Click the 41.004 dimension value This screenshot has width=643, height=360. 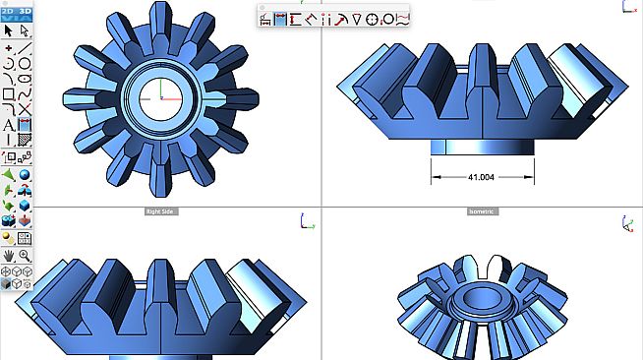click(x=482, y=177)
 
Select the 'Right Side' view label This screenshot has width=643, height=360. click(x=160, y=210)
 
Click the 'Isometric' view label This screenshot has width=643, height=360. click(x=482, y=210)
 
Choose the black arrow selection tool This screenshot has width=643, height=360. click(x=9, y=30)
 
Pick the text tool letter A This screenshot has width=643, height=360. click(x=9, y=125)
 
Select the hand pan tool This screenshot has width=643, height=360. click(x=9, y=256)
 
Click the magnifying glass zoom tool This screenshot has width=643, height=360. click(x=25, y=256)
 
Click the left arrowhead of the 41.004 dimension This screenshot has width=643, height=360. click(x=434, y=177)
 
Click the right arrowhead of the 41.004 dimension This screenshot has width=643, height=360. click(x=530, y=177)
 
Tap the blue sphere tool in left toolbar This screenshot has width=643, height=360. click(x=25, y=174)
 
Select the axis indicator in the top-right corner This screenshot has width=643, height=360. click(x=626, y=6)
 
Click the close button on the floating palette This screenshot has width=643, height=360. click(x=263, y=8)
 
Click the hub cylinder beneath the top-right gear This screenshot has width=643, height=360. click(x=482, y=146)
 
